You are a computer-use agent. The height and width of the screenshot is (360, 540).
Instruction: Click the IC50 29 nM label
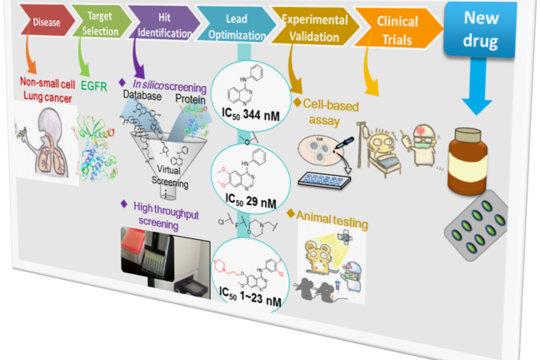pos(247,199)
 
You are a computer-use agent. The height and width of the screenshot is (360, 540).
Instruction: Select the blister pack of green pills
pos(482,224)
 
